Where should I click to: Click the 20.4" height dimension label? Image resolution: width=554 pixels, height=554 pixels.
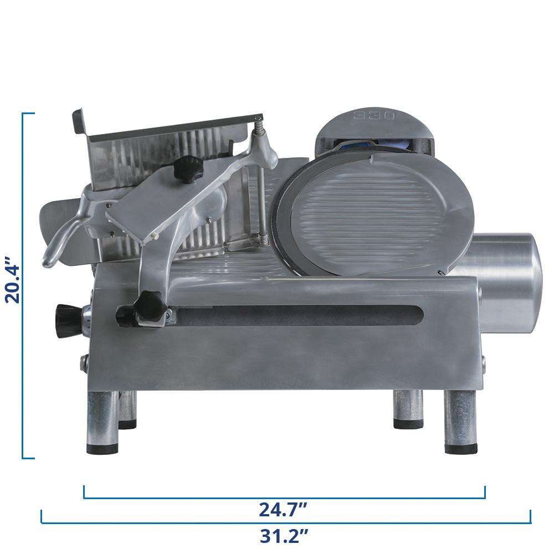[13, 279]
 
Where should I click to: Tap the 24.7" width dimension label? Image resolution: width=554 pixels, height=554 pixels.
[283, 510]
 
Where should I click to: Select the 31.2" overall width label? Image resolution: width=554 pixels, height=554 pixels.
[284, 536]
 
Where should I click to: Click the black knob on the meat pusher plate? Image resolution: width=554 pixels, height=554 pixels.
[188, 168]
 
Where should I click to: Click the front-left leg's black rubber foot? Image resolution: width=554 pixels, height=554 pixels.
[102, 448]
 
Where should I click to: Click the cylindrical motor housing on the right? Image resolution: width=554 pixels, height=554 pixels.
[505, 283]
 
